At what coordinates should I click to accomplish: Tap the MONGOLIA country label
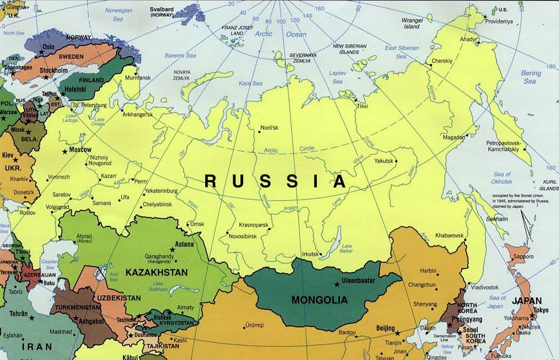click(x=319, y=300)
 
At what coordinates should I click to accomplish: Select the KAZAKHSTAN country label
click(x=157, y=272)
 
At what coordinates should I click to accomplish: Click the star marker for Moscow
click(x=65, y=151)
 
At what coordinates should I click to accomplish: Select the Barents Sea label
click(x=179, y=55)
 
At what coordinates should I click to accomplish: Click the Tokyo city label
click(x=540, y=310)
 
